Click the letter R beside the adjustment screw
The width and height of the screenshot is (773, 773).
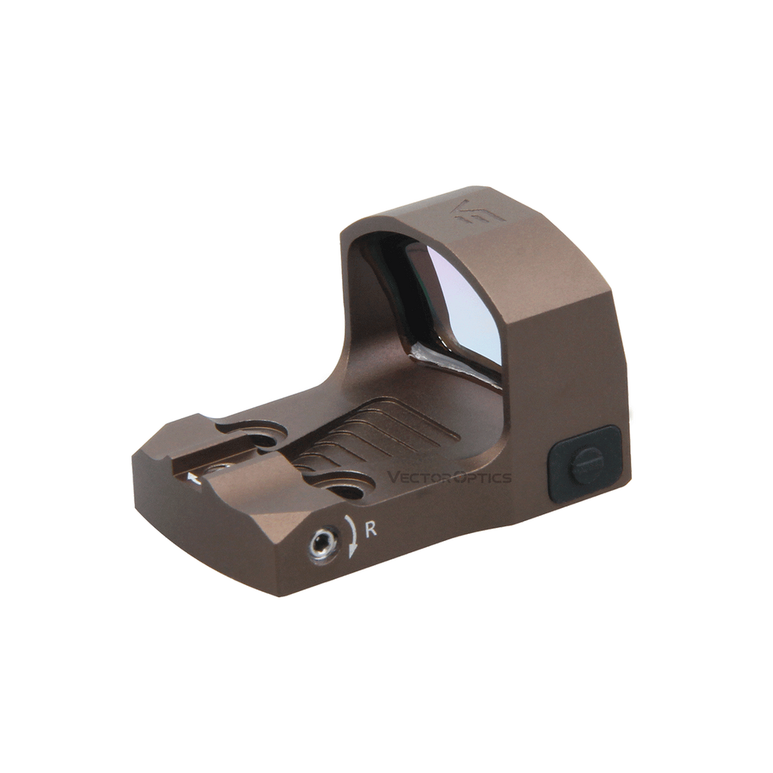click(371, 530)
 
